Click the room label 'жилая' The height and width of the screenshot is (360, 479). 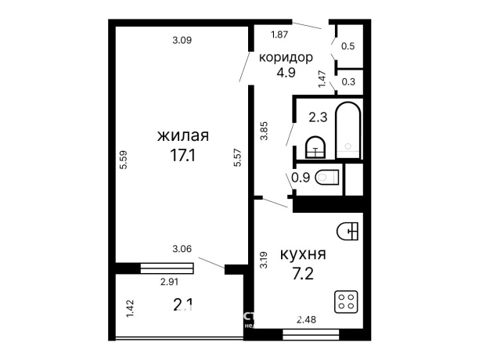pyautogui.click(x=182, y=136)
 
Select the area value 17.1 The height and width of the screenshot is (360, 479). pyautogui.click(x=182, y=155)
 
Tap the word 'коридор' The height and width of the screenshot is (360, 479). pyautogui.click(x=286, y=57)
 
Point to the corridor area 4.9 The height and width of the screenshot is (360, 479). pyautogui.click(x=286, y=74)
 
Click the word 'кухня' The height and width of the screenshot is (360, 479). pyautogui.click(x=302, y=255)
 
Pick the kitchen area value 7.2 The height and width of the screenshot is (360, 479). pyautogui.click(x=302, y=274)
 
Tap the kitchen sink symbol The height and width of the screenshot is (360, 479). pyautogui.click(x=348, y=231)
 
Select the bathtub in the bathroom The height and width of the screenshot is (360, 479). pyautogui.click(x=348, y=129)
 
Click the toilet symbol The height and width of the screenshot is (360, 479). pyautogui.click(x=327, y=178)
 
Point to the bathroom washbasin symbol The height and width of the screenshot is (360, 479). pyautogui.click(x=315, y=145)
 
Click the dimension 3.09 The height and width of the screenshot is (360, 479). pyautogui.click(x=182, y=40)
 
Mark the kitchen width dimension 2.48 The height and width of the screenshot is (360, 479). pyautogui.click(x=307, y=319)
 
